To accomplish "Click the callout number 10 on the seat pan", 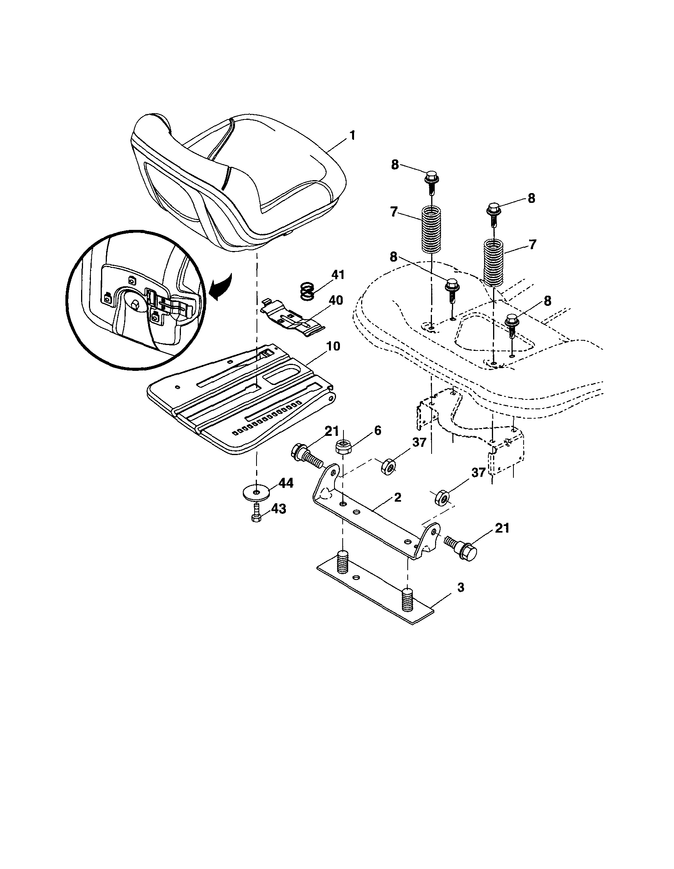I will coord(333,346).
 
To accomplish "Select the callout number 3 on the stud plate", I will coord(460,587).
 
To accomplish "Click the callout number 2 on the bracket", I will coord(397,498).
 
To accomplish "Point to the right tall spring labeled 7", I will coord(493,262).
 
